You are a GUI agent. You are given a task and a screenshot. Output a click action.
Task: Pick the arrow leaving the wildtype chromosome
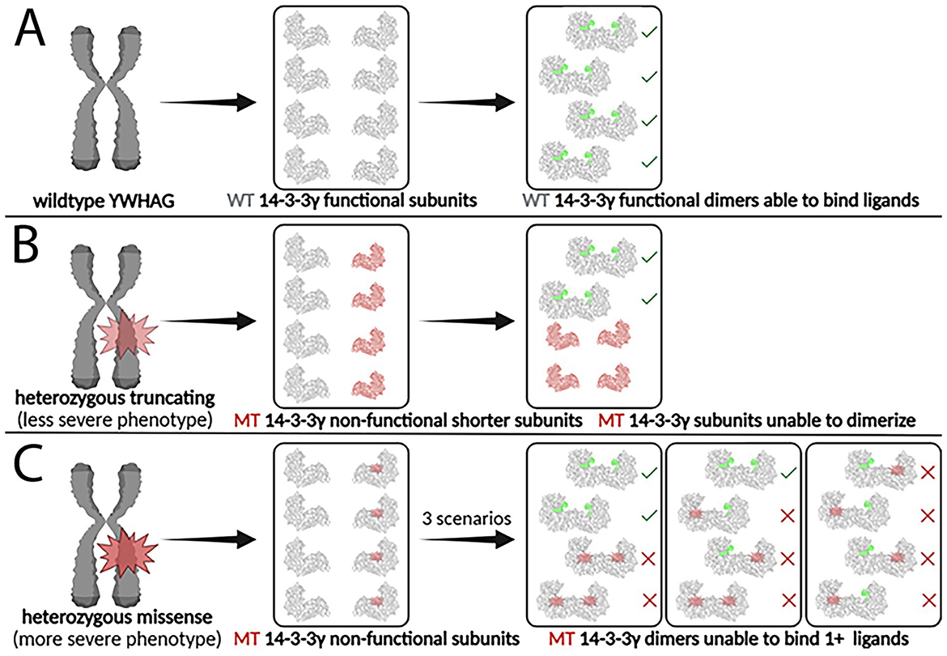click(x=209, y=103)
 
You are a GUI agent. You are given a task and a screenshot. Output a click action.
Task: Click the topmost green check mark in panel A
click(x=648, y=32)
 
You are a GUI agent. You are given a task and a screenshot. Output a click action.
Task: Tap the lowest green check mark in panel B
click(x=648, y=299)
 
